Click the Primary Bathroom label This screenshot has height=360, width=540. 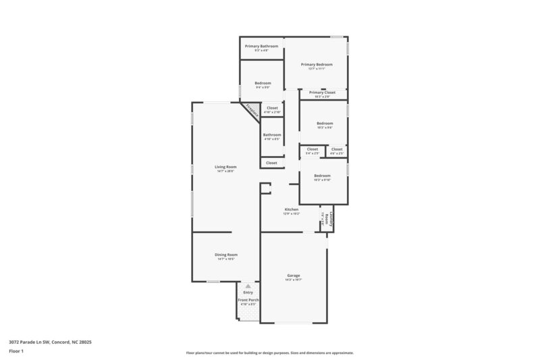pos(261,46)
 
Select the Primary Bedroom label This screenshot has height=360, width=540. pos(317,64)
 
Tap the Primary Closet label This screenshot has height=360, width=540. pos(322,93)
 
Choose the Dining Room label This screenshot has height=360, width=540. pos(226,255)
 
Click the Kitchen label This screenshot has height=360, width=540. pos(291,209)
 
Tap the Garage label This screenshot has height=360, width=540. pos(293,276)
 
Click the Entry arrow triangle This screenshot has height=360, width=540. pos(248,286)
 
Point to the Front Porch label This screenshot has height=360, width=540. pos(248,300)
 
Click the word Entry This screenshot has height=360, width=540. pos(248,292)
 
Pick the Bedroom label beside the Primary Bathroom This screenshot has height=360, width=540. pos(263,84)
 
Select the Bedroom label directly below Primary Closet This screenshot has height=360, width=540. pos(325,124)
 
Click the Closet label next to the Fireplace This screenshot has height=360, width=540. pos(272,108)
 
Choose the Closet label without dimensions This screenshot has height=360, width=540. pos(271,163)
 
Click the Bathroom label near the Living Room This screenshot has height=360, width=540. pos(272,134)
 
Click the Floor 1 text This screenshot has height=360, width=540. pos(16,352)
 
